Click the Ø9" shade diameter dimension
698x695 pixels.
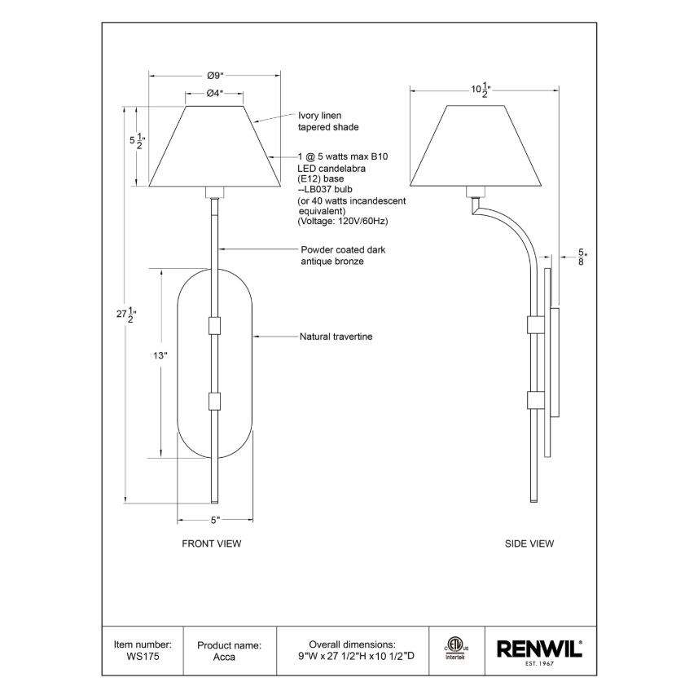[215, 76]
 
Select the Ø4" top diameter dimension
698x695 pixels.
[214, 93]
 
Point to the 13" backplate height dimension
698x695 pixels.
[160, 356]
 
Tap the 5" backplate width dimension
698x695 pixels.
[216, 520]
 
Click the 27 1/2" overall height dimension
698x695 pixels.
[126, 315]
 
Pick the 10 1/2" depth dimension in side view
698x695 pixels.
[481, 90]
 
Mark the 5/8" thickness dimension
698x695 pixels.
[582, 257]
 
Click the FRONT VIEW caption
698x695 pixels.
[212, 543]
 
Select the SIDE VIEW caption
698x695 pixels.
[529, 543]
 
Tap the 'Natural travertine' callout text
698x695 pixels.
[336, 337]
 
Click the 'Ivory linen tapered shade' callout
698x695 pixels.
[328, 121]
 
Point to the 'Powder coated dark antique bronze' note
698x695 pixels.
[343, 256]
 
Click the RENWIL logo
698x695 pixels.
[539, 649]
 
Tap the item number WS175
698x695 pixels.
[143, 657]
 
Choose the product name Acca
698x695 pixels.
[224, 657]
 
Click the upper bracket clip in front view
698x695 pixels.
[214, 325]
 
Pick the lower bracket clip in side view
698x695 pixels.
[535, 400]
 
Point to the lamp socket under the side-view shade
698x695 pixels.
[475, 192]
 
